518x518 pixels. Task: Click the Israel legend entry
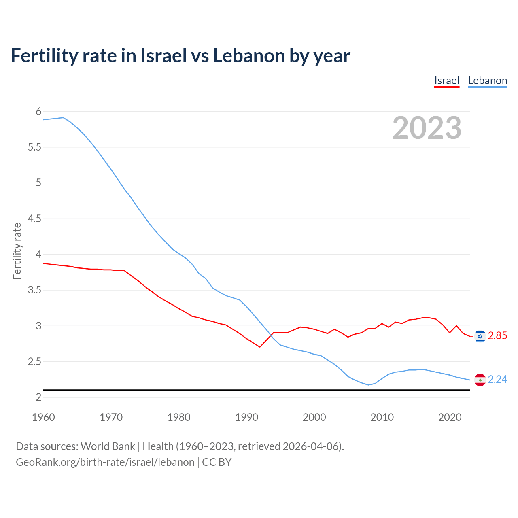point(447,81)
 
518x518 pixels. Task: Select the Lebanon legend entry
point(487,81)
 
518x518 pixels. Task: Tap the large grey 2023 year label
point(427,128)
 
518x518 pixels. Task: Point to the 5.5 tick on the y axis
point(34,147)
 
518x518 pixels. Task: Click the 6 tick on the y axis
point(39,111)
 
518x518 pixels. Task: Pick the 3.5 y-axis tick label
point(34,290)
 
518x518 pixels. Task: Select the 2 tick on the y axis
point(39,397)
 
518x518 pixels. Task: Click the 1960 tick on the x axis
point(43,417)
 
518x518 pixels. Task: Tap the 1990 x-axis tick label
point(246,417)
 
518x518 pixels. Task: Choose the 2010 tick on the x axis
point(382,417)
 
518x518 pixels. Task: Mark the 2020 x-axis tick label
point(450,417)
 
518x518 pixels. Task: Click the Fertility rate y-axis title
point(17,251)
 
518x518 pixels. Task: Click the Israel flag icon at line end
point(480,336)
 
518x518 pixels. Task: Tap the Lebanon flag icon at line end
point(480,380)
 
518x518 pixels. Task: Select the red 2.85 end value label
point(497,336)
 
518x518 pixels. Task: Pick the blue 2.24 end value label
point(497,380)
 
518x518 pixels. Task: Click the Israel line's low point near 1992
point(260,347)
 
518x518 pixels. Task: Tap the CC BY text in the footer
point(217,462)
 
